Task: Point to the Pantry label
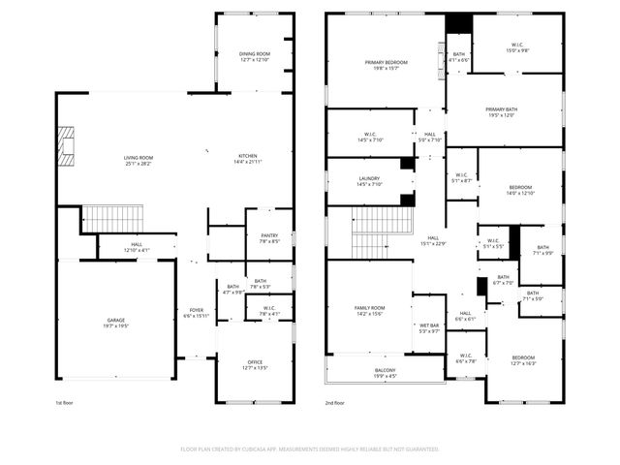268,237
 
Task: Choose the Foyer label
197,312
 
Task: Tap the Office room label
254,365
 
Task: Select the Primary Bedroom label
387,65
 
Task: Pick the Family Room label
370,310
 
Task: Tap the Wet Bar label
429,327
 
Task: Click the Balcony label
385,371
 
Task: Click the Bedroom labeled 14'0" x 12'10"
521,189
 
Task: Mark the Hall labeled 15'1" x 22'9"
433,240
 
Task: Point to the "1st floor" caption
64,402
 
